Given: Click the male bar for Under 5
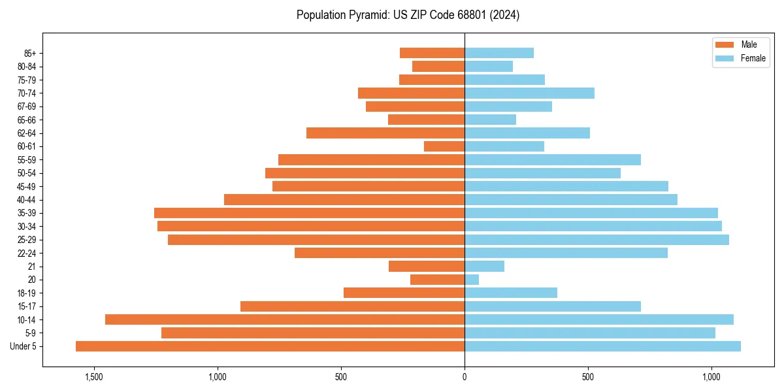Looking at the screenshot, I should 270,346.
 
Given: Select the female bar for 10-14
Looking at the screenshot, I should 599,319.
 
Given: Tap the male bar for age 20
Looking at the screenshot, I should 437,280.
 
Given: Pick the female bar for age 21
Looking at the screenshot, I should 484,266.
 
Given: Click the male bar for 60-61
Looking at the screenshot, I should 444,146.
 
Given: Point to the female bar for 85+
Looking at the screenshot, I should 499,53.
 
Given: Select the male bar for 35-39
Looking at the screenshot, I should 309,213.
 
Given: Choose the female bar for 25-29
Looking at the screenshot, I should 596,240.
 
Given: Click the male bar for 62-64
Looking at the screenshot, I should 385,133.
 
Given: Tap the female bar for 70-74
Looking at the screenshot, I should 529,93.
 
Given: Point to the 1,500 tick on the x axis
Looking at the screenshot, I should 94,377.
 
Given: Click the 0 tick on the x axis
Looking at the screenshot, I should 465,377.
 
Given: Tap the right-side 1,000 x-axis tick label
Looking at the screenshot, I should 711,377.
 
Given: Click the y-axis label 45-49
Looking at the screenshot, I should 27,186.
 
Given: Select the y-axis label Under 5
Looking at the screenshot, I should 24,346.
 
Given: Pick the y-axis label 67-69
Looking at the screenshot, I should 27,106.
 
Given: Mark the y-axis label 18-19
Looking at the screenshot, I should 27,293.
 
